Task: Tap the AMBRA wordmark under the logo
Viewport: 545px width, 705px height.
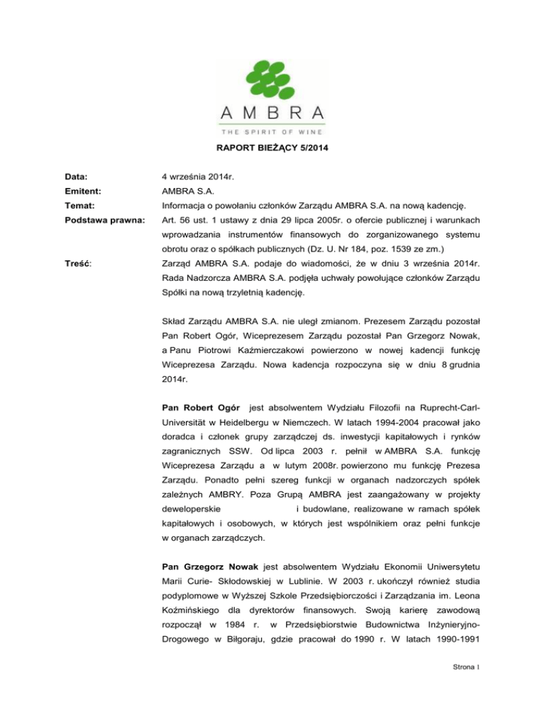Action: point(273,112)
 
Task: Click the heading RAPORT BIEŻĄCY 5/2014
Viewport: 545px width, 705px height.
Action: point(272,168)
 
